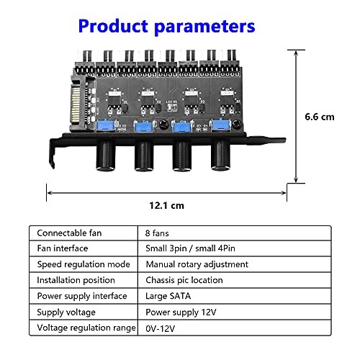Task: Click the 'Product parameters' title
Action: coord(166,27)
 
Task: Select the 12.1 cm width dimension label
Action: coord(166,205)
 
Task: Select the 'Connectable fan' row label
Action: coord(71,233)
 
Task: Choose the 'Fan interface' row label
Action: coord(64,249)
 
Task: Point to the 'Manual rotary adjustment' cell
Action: coord(197,264)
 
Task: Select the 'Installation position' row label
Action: coord(76,280)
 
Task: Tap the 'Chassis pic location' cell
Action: coord(184,280)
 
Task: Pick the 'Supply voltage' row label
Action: coord(68,312)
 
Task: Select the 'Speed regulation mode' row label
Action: coord(83,264)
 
